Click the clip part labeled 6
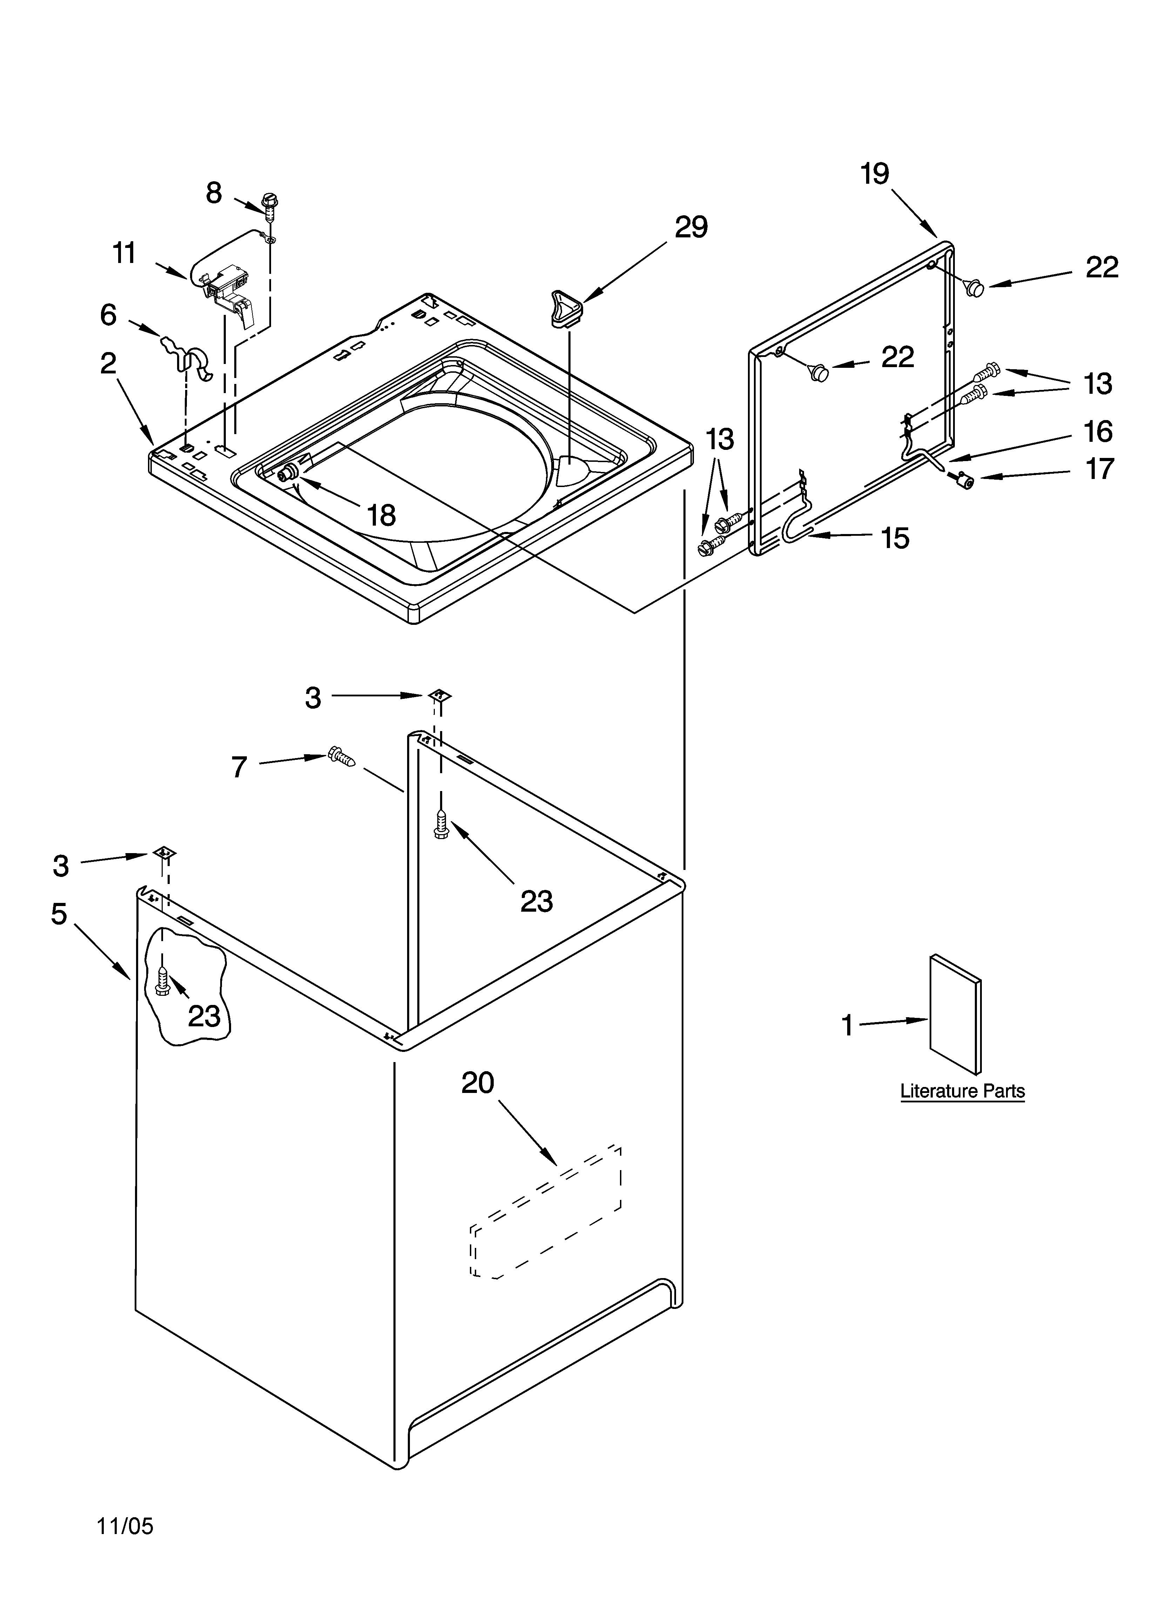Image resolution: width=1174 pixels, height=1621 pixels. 187,355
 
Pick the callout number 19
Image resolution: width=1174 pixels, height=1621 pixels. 875,174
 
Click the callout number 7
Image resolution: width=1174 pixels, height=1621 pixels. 239,767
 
